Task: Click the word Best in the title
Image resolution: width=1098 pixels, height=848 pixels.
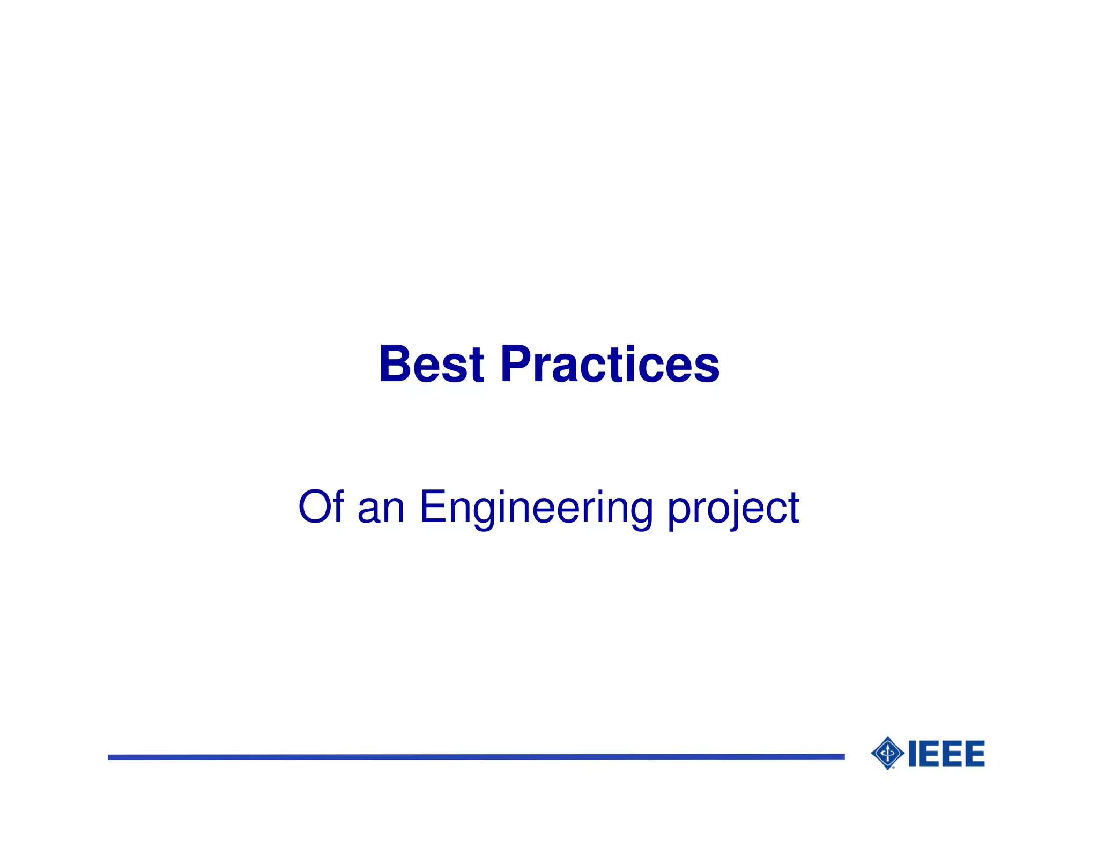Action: tap(432, 365)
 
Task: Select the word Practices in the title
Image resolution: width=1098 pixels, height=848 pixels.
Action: tap(610, 365)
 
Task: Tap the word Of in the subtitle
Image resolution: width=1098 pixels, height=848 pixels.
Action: tap(321, 507)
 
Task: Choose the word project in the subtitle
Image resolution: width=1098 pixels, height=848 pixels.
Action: tap(733, 509)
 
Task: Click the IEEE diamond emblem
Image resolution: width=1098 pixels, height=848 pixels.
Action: tap(888, 753)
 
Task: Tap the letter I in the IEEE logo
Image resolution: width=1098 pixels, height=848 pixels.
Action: tap(912, 754)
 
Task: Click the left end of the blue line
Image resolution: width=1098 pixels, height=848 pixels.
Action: tap(110, 757)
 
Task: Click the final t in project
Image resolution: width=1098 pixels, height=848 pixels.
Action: tap(793, 508)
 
